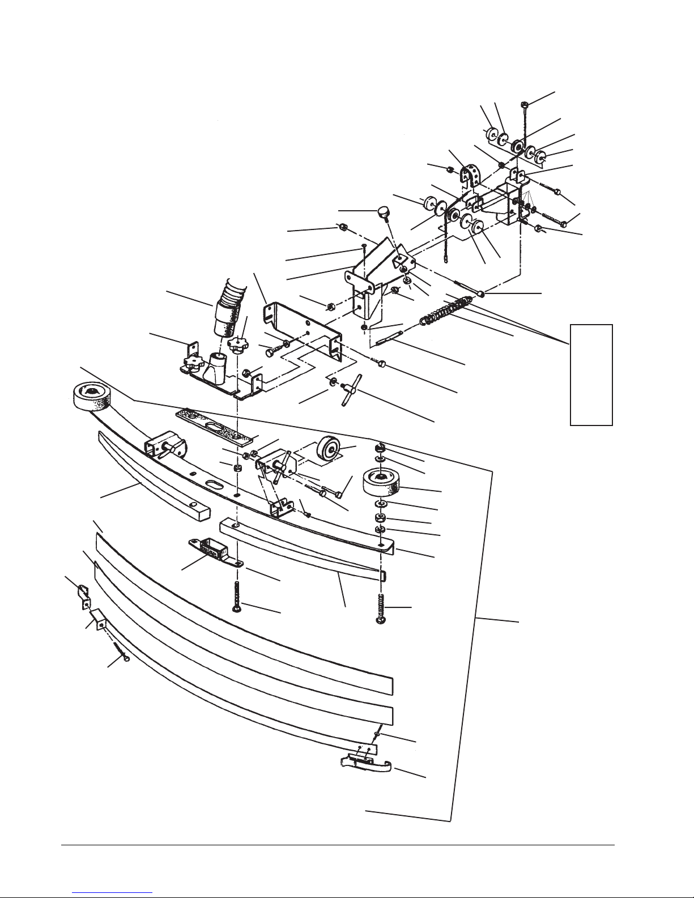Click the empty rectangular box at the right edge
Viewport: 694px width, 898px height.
[591, 374]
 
